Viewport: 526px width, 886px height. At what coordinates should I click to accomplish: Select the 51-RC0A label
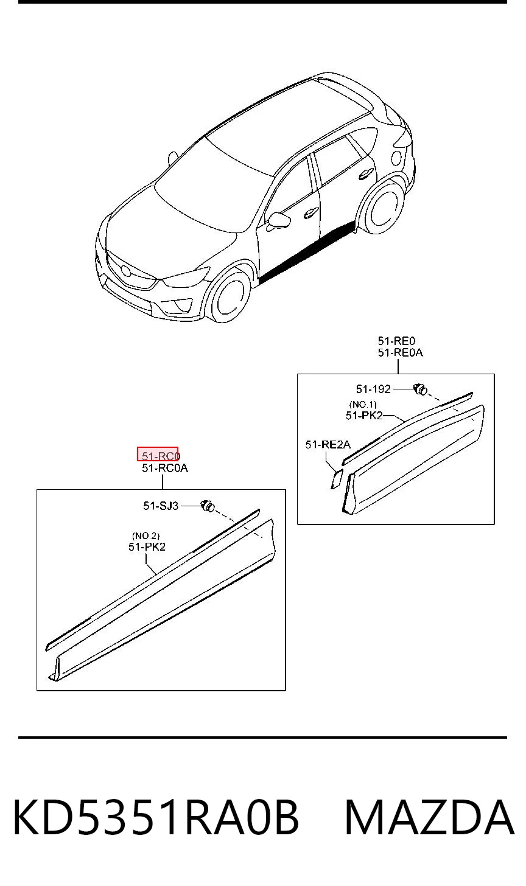click(164, 469)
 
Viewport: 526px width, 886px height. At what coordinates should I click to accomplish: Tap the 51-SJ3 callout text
click(161, 506)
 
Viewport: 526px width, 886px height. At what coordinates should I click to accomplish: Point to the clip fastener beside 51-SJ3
click(208, 506)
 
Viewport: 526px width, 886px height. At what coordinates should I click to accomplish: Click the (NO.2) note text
click(146, 536)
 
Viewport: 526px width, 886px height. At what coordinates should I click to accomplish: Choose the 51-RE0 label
click(396, 341)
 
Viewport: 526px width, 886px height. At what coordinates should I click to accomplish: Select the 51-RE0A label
click(400, 352)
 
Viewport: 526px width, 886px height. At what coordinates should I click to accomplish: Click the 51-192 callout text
click(373, 389)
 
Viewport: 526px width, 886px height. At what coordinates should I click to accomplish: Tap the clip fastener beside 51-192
click(420, 389)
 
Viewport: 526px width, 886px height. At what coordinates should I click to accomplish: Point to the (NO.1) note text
click(363, 404)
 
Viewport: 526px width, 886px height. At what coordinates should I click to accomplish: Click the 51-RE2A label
click(328, 445)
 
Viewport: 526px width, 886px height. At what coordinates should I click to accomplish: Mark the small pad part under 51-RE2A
click(337, 478)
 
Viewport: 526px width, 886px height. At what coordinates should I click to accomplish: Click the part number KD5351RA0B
click(156, 818)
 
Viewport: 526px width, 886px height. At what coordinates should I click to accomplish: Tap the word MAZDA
click(430, 818)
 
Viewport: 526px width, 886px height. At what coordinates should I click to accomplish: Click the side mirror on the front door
click(278, 221)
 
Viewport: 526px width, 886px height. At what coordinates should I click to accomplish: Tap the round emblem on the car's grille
click(126, 270)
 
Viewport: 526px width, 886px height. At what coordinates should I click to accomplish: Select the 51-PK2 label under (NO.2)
click(147, 547)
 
